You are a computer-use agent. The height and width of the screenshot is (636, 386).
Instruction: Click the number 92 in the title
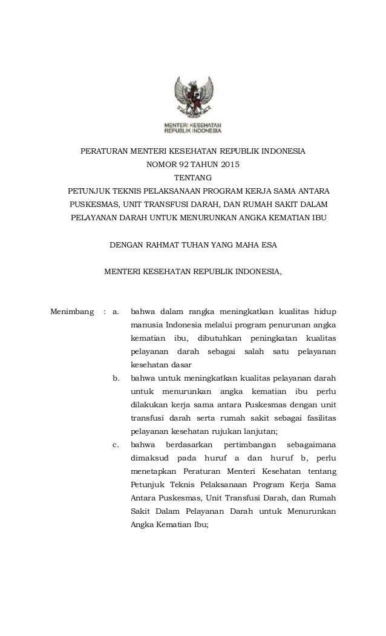(181, 163)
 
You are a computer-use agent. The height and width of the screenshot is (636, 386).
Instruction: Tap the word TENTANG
(193, 178)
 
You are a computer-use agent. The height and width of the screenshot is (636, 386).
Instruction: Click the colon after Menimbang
(105, 313)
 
